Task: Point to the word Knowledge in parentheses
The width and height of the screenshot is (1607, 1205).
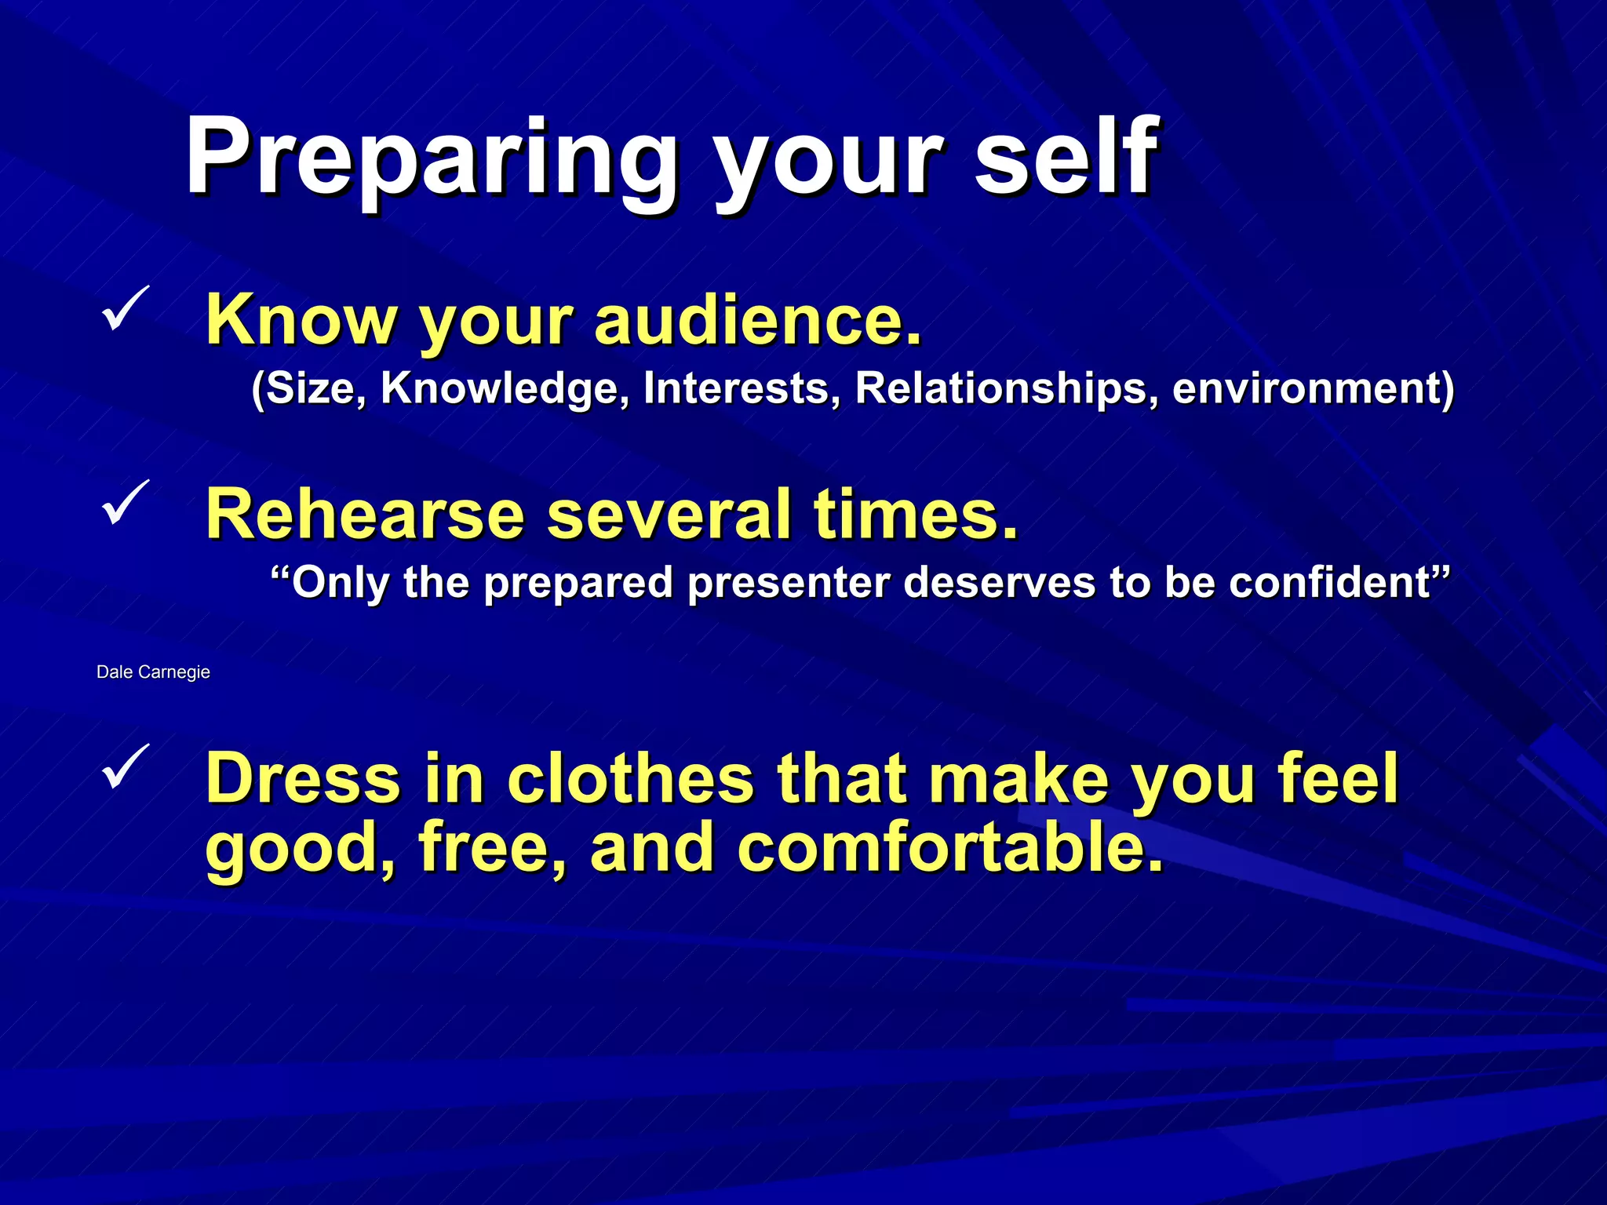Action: (x=505, y=388)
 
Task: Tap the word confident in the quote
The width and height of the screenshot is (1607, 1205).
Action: (x=1334, y=582)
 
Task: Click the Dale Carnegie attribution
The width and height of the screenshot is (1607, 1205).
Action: (x=153, y=672)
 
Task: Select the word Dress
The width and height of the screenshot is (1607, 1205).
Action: (x=303, y=778)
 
